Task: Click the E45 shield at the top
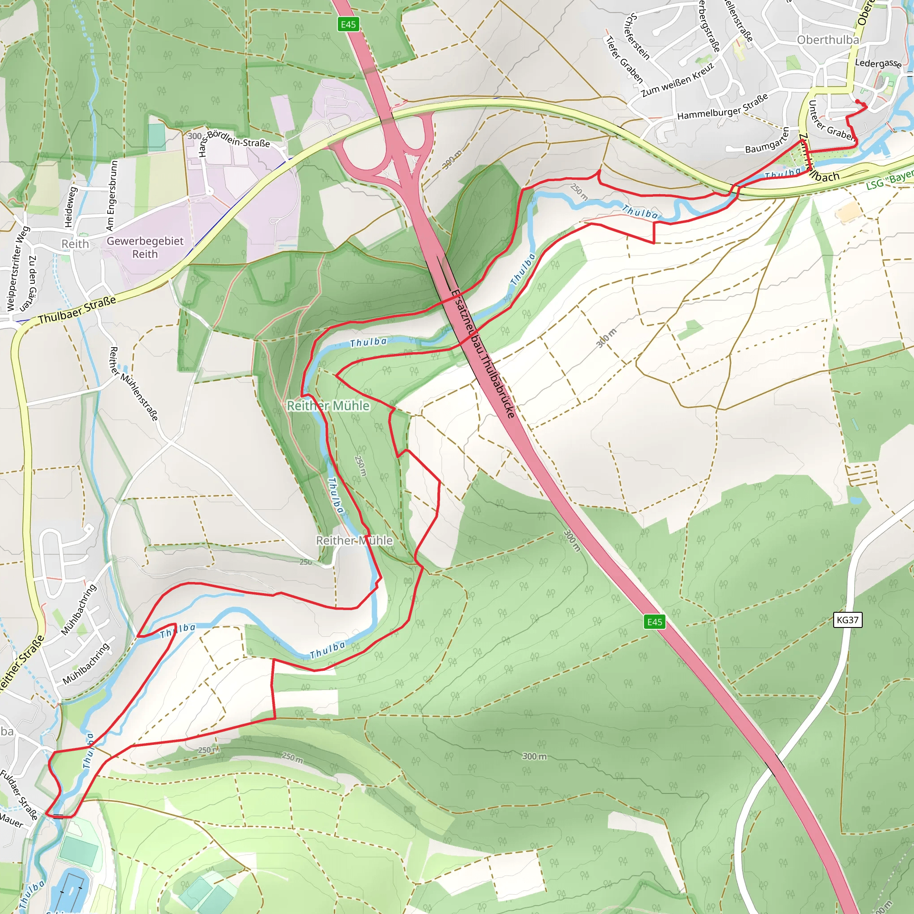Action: point(348,25)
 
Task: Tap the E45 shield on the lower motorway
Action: point(655,622)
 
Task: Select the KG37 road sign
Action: point(848,620)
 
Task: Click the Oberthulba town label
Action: point(828,40)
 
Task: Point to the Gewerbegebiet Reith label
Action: point(145,247)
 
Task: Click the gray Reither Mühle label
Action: point(354,540)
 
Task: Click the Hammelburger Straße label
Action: point(723,108)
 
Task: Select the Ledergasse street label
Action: point(878,63)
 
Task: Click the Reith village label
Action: point(75,244)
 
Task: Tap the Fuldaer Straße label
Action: point(19,795)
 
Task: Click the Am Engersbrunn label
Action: point(112,195)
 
